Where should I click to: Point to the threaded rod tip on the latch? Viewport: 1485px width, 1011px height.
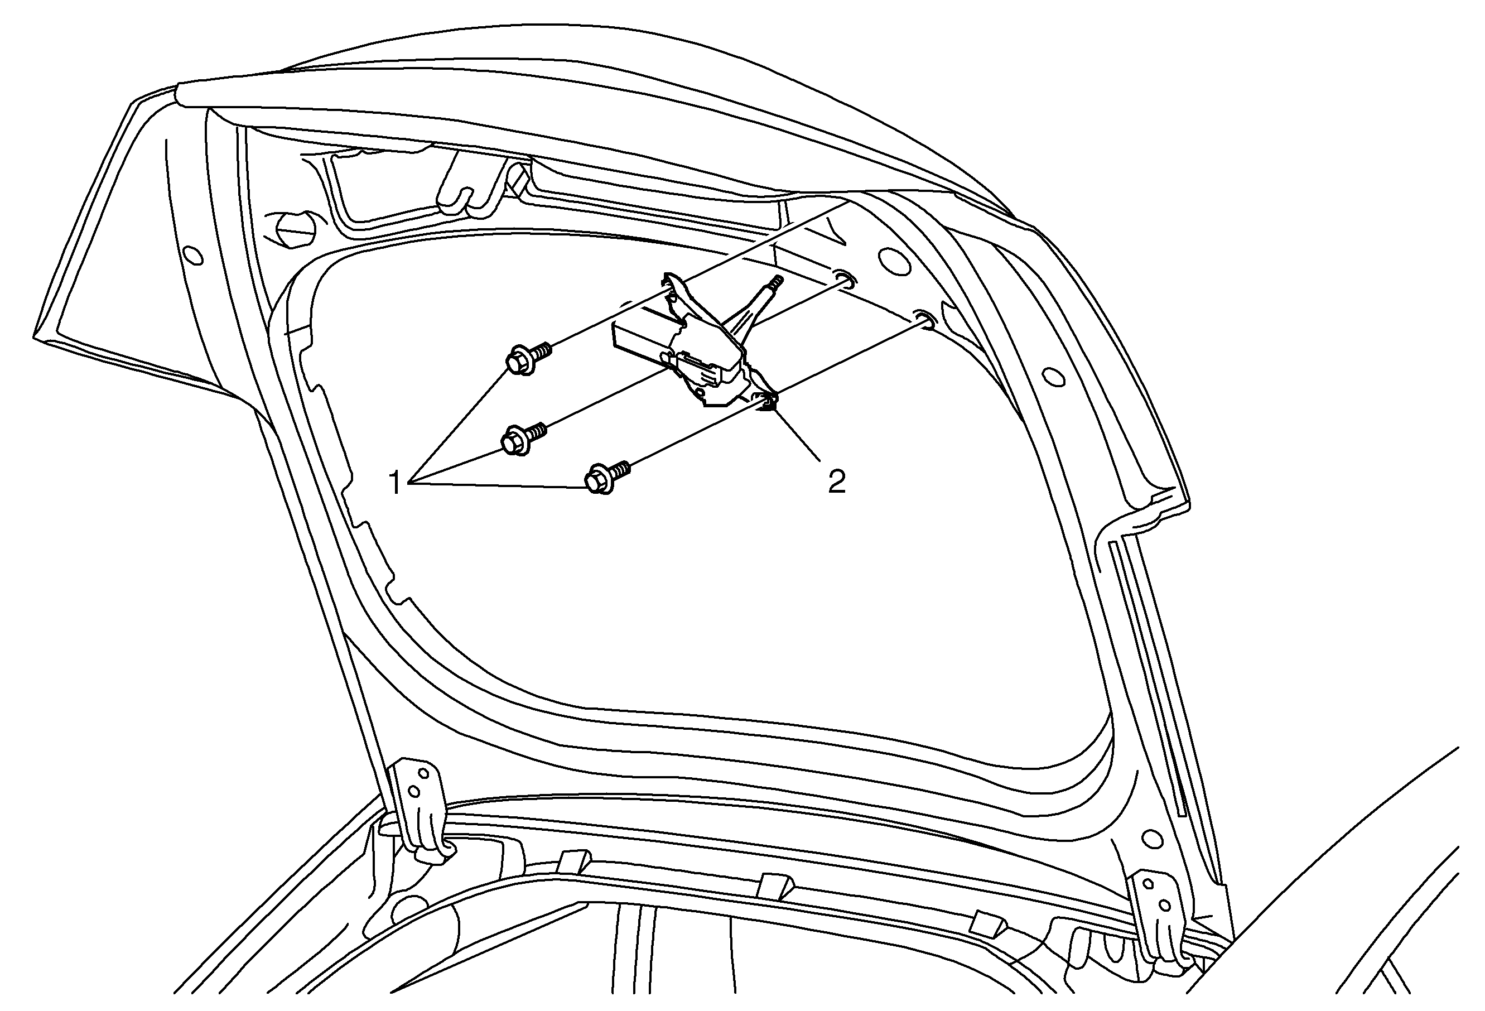point(776,281)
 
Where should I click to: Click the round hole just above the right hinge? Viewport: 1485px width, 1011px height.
point(1151,837)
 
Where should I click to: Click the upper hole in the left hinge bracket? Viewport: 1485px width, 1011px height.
point(422,773)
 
